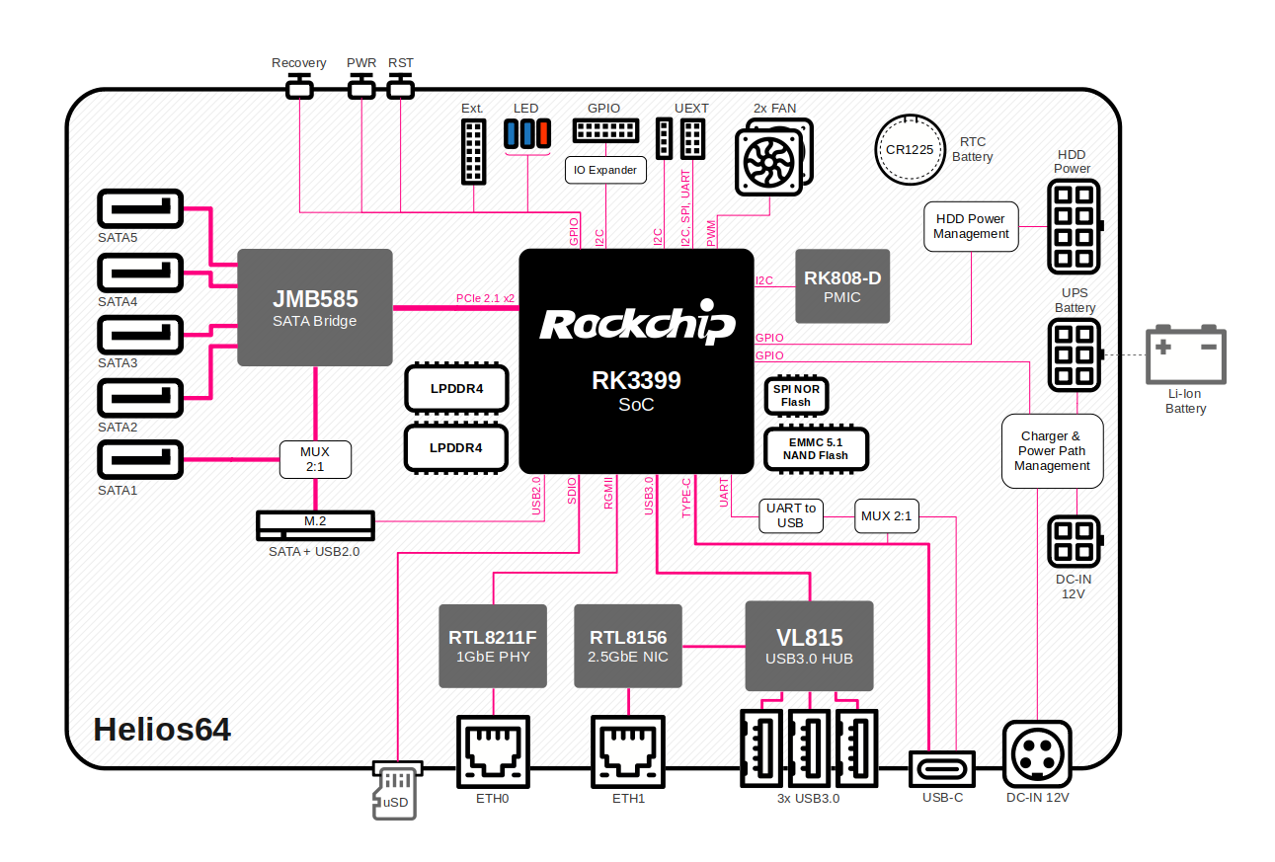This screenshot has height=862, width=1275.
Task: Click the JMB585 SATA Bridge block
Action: [315, 307]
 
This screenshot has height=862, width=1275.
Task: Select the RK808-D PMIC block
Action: [842, 286]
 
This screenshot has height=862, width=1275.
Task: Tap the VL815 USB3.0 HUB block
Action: [810, 646]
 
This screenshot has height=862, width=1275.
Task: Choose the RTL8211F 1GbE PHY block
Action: [493, 646]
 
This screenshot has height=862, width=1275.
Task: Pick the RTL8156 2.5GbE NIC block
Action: [628, 646]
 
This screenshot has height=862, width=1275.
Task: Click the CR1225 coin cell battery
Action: [910, 150]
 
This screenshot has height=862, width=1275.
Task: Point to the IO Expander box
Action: [605, 170]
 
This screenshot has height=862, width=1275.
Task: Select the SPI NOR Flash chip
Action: [796, 395]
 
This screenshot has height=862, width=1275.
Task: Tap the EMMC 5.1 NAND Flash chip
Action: [816, 449]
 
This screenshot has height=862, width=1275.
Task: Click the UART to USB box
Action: [791, 515]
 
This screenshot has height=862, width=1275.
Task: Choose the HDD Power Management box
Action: [971, 226]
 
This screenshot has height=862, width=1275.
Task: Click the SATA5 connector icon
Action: [140, 208]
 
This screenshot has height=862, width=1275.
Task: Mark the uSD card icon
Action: [397, 790]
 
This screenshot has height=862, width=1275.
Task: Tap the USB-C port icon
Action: [942, 769]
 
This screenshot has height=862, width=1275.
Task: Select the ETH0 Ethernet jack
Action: [493, 751]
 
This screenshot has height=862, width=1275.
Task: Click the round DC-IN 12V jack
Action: [1037, 754]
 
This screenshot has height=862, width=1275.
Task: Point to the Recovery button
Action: [299, 87]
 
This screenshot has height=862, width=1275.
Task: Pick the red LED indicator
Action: [543, 133]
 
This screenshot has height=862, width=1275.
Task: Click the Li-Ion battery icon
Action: [1186, 354]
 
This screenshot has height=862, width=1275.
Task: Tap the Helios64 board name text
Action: [162, 729]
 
